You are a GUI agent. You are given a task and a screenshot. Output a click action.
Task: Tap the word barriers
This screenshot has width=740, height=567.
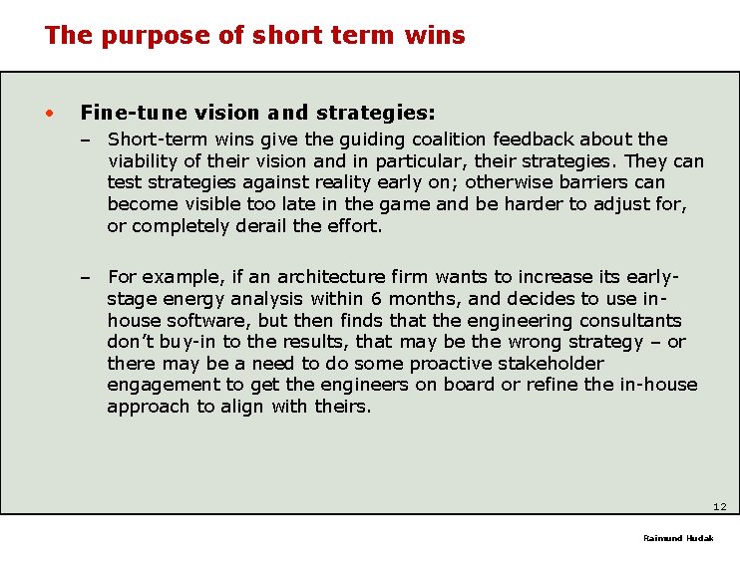click(599, 182)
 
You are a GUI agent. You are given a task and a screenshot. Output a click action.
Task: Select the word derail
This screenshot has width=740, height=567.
click(262, 225)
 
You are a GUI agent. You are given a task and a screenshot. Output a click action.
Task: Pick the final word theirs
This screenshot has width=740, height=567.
click(341, 407)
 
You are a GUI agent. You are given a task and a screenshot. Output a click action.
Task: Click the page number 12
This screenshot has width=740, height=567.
click(719, 507)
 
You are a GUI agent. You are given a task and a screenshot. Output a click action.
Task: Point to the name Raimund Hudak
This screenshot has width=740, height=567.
click(677, 538)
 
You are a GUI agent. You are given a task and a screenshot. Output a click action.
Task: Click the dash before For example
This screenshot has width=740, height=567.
click(88, 277)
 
